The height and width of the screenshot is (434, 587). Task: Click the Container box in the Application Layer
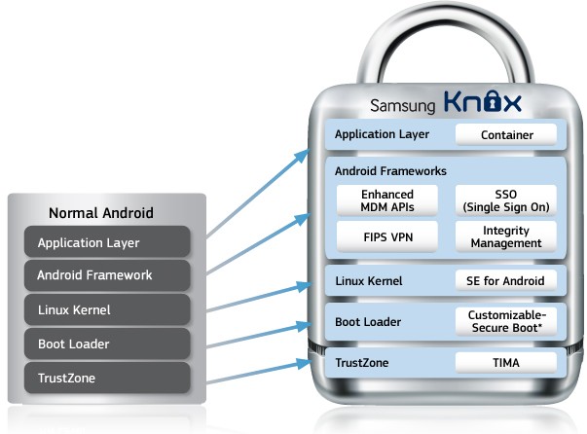click(x=506, y=135)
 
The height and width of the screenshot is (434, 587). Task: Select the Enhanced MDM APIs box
click(x=387, y=200)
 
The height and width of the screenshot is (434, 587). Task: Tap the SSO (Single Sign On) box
click(x=505, y=200)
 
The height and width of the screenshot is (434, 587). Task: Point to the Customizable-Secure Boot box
click(x=505, y=321)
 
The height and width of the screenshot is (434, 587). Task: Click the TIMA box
click(x=505, y=362)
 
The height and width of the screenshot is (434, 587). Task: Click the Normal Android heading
click(x=101, y=213)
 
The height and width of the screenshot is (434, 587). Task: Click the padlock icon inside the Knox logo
click(x=474, y=102)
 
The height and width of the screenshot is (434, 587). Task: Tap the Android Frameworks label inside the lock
click(x=390, y=170)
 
